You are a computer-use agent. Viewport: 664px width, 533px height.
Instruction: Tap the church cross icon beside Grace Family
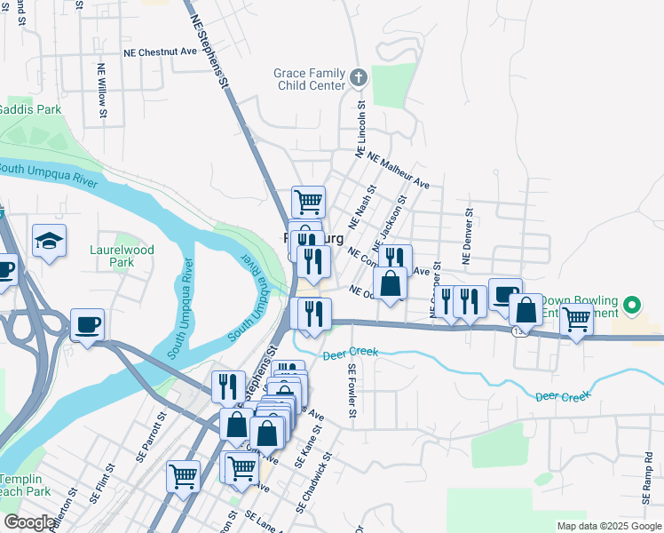coord(359,78)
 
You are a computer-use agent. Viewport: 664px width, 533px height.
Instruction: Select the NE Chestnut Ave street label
coord(160,52)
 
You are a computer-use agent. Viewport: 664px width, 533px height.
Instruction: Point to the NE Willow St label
coord(102,90)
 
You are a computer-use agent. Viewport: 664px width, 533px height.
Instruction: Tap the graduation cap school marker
coord(50,240)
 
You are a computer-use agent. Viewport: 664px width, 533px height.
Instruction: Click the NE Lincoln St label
coord(361,129)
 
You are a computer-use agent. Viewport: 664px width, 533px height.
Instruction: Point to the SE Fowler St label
coord(352,391)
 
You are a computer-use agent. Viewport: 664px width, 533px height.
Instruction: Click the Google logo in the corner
coord(29,522)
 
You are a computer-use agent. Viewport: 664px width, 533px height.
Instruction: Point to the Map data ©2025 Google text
coord(609,526)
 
